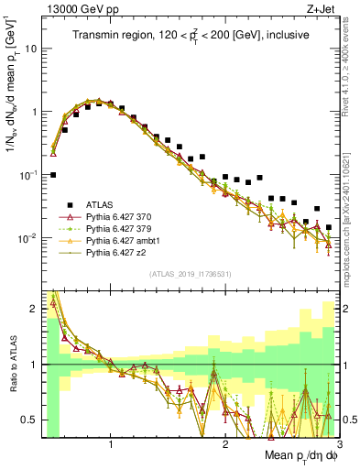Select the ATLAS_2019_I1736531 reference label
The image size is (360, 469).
pos(190,273)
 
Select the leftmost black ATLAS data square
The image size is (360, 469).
pos(53,174)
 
